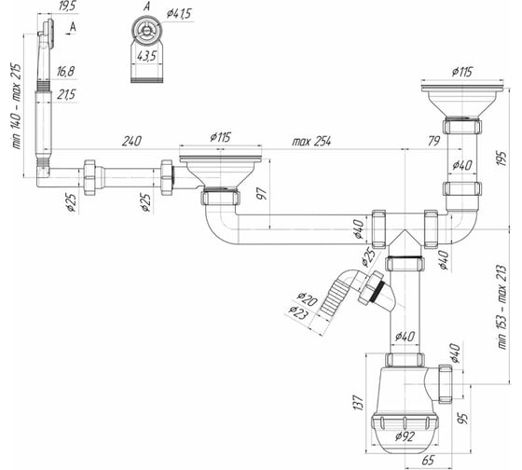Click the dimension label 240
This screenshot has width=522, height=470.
tap(131, 141)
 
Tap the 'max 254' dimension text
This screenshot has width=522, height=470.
tap(311, 141)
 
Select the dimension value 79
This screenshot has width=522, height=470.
tap(433, 141)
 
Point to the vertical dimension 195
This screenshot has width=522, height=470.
tap(502, 159)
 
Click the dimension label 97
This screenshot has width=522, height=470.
tap(262, 194)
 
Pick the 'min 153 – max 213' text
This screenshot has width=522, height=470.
tap(502, 307)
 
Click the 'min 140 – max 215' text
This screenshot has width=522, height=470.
tap(17, 106)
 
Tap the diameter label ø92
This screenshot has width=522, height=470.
tap(405, 436)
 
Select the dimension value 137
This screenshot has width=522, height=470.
tap(358, 402)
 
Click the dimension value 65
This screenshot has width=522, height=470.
tap(428, 461)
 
